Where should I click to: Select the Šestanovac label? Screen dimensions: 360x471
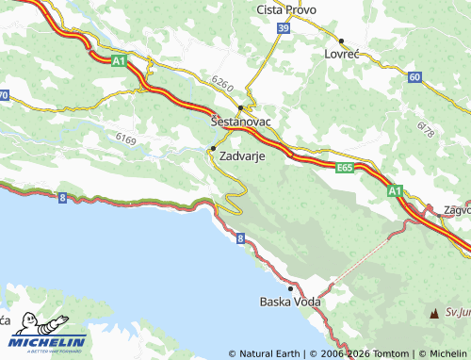239,122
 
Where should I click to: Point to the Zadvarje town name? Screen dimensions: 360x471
240,158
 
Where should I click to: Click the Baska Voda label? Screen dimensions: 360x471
290,303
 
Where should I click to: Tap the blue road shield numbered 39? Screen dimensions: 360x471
284,29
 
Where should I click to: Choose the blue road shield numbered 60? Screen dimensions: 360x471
414,76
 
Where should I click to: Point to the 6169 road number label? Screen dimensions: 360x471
126,139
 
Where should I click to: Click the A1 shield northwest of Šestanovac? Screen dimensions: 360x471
119,61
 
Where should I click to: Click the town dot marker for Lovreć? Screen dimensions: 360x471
341,41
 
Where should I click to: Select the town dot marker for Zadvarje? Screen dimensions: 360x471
213,149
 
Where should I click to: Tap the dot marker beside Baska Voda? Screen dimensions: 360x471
291,289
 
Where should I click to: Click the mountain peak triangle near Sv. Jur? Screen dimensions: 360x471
434,312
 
